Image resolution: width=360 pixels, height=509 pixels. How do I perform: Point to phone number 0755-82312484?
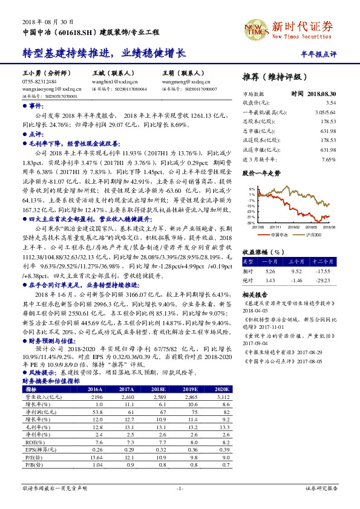[x=40, y=80]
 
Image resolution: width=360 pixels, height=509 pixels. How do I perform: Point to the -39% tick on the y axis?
[x=251, y=223]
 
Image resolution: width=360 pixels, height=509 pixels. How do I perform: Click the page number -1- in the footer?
[x=180, y=488]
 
